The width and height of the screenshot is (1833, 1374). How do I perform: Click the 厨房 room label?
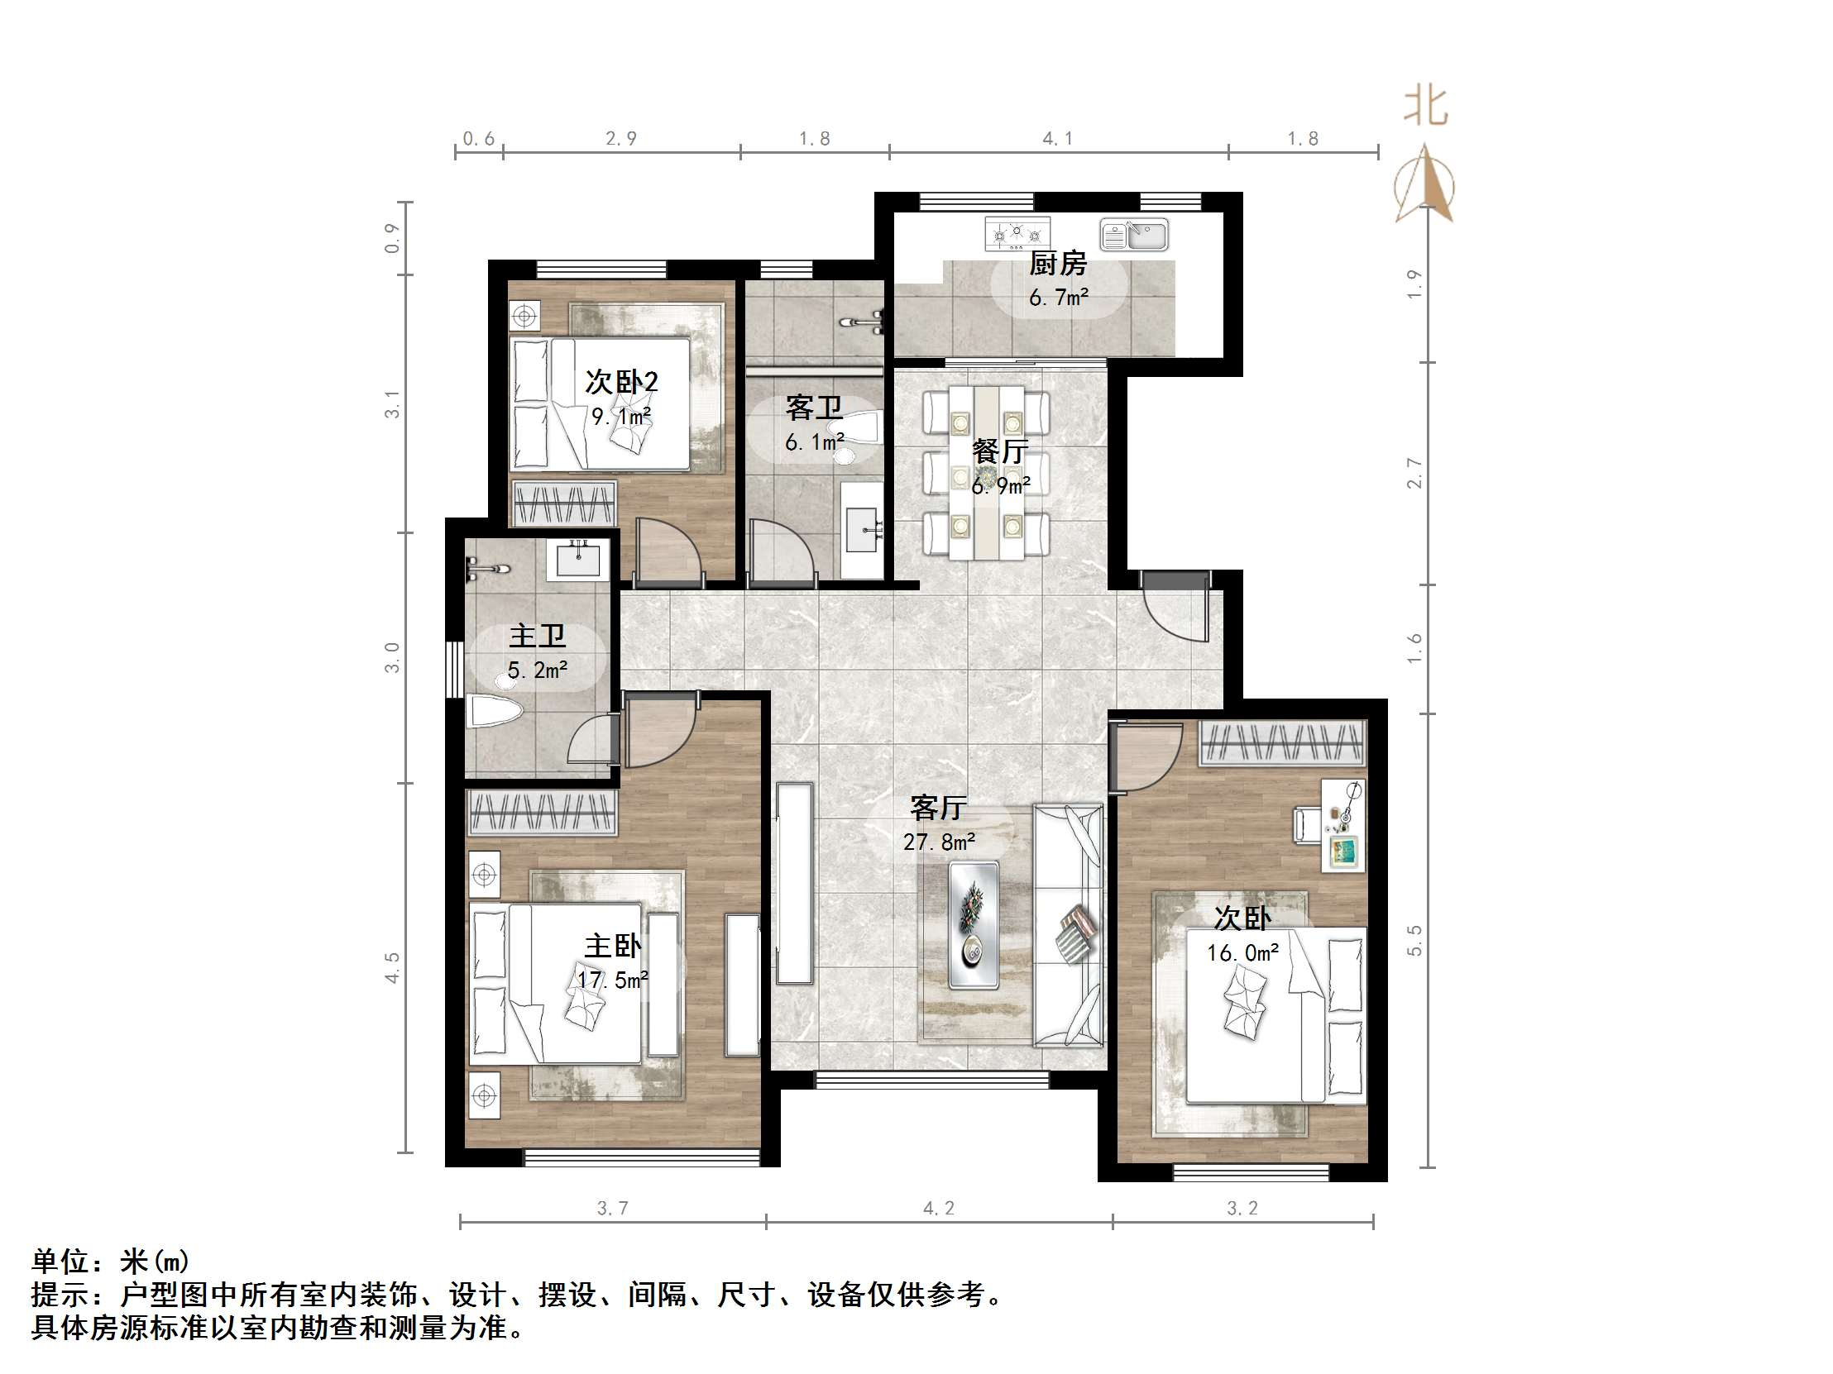click(x=1057, y=264)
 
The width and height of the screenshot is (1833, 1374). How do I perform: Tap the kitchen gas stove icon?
click(x=1017, y=234)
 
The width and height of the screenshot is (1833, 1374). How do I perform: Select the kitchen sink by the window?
click(x=1134, y=236)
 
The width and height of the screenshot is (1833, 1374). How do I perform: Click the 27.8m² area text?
click(x=938, y=842)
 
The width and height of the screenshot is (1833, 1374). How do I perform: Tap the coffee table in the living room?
click(x=974, y=924)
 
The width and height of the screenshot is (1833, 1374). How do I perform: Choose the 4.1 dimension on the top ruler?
click(x=1057, y=139)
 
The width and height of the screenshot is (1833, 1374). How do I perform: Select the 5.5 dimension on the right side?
click(x=1414, y=940)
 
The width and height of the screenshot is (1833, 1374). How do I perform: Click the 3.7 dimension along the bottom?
click(x=612, y=1209)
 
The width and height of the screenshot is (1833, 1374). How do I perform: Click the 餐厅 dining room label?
click(x=999, y=451)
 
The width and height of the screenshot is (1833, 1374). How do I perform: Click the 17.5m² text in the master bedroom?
click(x=612, y=980)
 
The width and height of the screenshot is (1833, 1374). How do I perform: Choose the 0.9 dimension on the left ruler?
click(x=392, y=239)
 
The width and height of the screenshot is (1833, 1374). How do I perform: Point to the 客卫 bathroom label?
click(x=814, y=408)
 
